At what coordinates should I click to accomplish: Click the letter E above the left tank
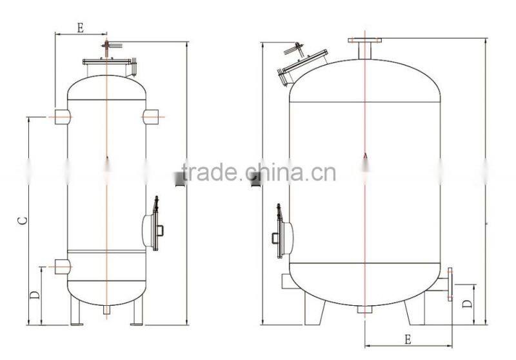[81, 27]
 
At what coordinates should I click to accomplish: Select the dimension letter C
[22, 220]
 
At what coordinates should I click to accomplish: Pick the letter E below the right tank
[408, 339]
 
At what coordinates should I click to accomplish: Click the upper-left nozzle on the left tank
[62, 116]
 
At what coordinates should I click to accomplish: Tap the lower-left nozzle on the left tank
[62, 266]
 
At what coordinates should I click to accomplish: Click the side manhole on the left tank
[152, 228]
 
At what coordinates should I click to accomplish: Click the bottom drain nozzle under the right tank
[365, 309]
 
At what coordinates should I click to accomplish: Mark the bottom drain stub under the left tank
[106, 310]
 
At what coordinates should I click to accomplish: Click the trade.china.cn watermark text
[258, 173]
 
